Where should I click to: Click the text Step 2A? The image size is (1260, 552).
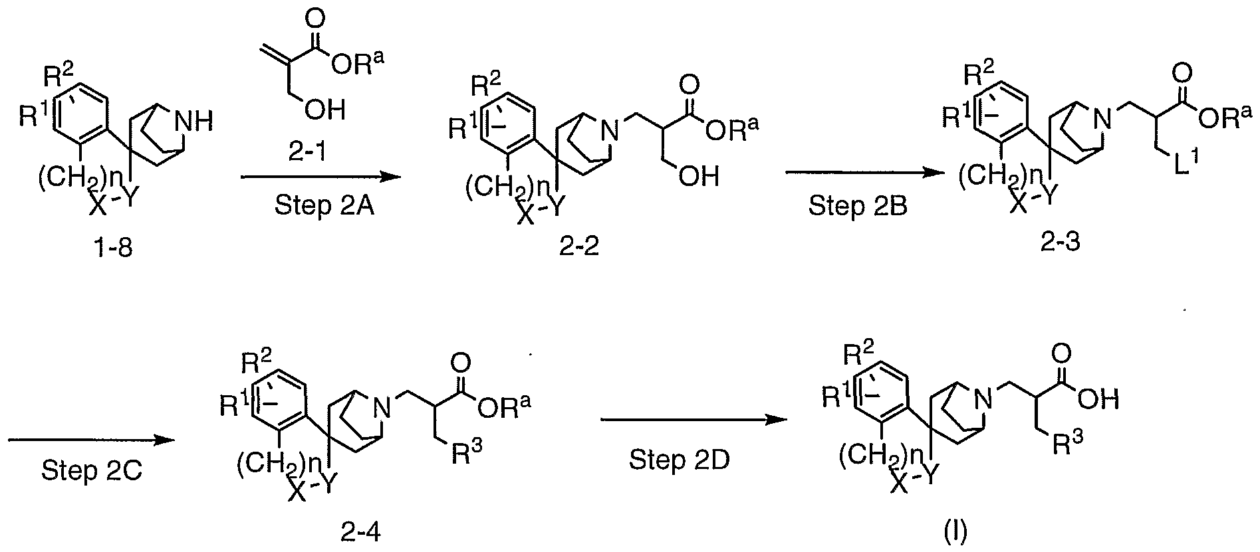(x=324, y=206)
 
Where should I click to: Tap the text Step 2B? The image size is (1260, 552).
(x=858, y=206)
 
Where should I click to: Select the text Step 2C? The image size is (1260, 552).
(x=91, y=471)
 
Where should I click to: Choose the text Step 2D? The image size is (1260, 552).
(x=680, y=460)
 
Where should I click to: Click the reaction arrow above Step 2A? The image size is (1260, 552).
(x=320, y=177)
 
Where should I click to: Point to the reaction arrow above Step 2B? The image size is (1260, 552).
(x=866, y=173)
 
